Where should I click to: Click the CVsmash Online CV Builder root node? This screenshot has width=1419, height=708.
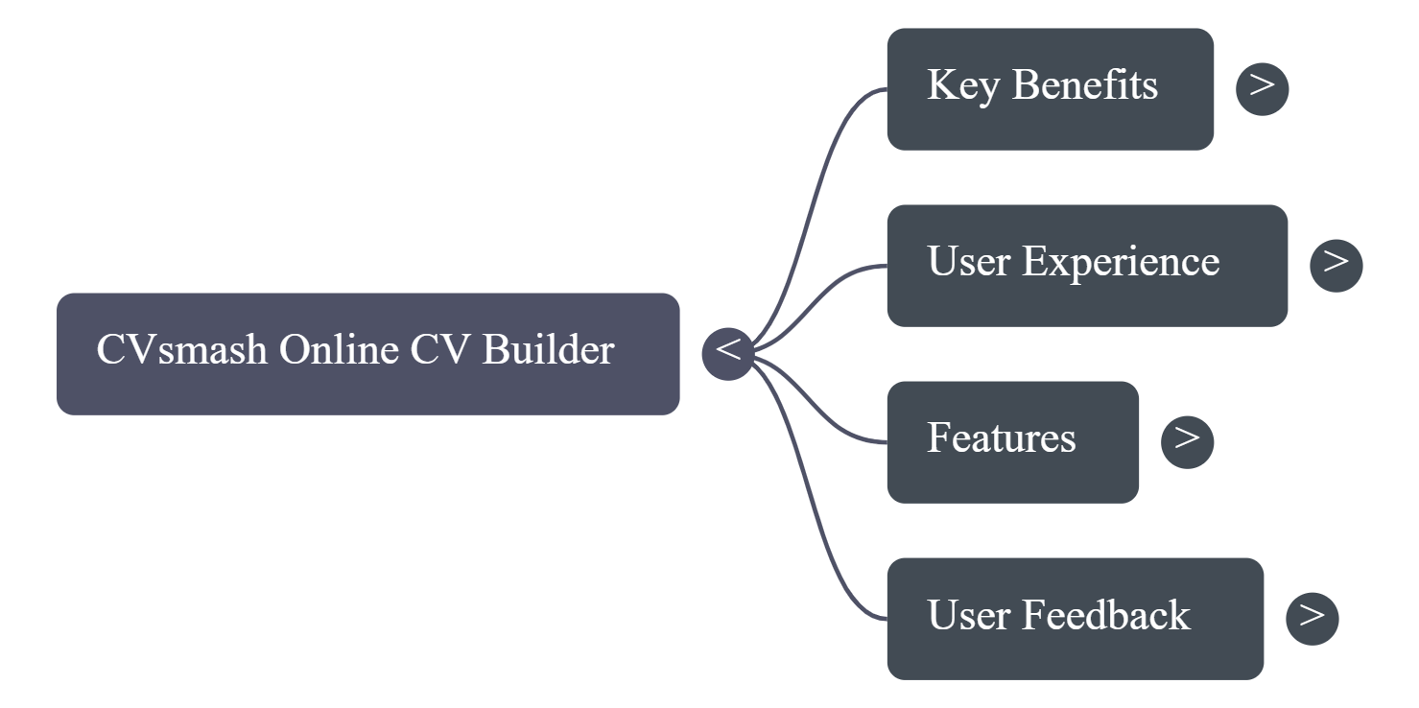tap(367, 353)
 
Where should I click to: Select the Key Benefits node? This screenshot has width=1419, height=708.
tap(1050, 88)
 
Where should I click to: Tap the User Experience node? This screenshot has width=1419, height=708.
tap(1086, 265)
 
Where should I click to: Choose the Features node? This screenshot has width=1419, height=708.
tap(1012, 441)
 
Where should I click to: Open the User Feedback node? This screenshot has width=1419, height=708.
tap(1075, 618)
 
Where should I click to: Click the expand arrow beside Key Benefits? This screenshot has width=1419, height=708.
tap(1262, 88)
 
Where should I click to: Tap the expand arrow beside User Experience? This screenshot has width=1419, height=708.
tap(1336, 265)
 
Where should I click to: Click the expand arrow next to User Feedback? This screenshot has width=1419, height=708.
tap(1312, 618)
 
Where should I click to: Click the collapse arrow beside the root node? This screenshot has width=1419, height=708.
tap(728, 353)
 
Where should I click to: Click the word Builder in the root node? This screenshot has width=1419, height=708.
tap(548, 350)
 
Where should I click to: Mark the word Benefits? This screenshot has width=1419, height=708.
tap(1084, 85)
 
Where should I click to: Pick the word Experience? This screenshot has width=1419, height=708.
tap(1120, 262)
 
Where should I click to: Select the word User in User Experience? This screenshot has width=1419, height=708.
tap(967, 262)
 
